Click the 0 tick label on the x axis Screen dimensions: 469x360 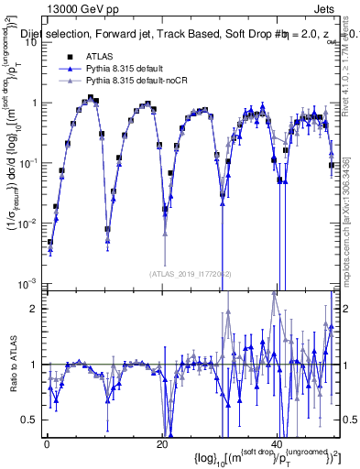tap(47, 444)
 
